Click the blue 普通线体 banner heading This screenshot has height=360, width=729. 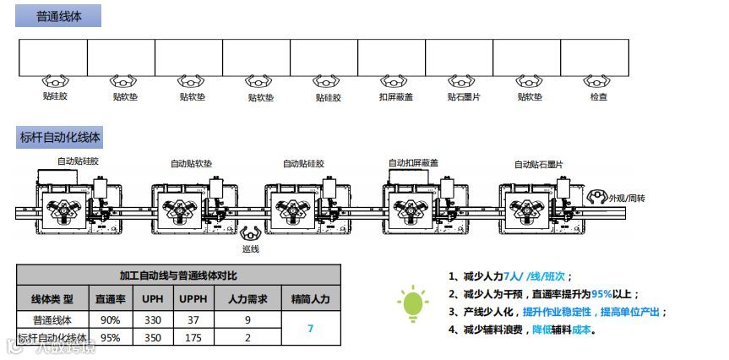[x=59, y=16]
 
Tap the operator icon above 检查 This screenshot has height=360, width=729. [x=598, y=82]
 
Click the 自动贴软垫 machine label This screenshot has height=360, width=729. [x=192, y=163]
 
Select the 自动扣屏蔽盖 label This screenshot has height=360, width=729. [x=414, y=162]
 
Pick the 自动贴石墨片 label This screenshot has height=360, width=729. [x=539, y=164]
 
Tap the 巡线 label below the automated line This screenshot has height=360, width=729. [x=250, y=249]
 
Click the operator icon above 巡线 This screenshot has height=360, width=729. [x=251, y=232]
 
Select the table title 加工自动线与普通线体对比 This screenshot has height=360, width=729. [x=178, y=275]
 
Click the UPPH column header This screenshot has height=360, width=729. [x=188, y=299]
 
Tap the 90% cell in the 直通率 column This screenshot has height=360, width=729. [x=109, y=320]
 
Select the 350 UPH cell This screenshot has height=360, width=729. [x=152, y=337]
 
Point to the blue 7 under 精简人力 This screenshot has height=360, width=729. [x=311, y=328]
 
